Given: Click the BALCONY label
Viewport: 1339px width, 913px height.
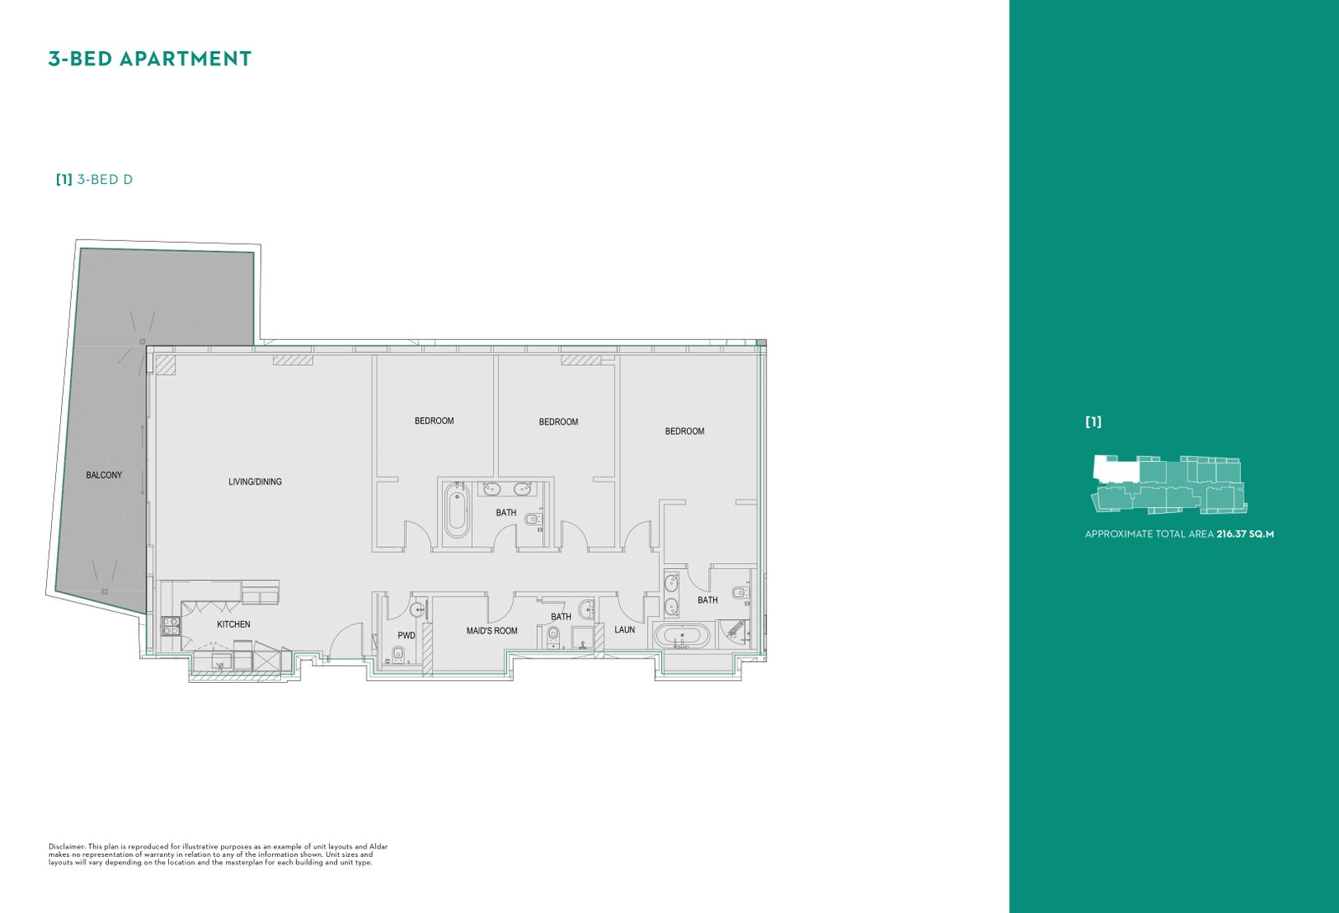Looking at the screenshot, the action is point(104,475).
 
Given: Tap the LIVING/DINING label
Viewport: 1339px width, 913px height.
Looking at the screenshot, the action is point(255,481).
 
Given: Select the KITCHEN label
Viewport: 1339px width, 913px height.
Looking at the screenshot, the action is point(233,624).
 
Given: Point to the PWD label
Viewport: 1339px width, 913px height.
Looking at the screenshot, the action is point(407,635).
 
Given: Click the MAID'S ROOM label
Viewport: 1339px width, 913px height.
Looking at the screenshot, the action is point(492,630).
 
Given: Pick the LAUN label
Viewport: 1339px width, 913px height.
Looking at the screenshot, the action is point(624,629).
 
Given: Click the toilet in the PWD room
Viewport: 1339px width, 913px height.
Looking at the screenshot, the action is point(399,654).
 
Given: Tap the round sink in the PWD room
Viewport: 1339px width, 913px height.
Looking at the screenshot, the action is point(418,610).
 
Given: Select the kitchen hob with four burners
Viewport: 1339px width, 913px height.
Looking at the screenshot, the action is point(170,626).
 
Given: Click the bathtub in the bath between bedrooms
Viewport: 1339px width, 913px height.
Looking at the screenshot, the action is point(457,510).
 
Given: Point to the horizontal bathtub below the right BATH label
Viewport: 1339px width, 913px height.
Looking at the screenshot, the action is point(682,636).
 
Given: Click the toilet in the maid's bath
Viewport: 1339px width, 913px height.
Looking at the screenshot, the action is point(553,635).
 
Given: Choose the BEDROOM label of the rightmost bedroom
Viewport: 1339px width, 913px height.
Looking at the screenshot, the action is point(685,431).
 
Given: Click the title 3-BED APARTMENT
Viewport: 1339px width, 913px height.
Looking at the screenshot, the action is point(150,59).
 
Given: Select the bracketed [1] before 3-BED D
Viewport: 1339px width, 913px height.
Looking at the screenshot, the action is point(64,179).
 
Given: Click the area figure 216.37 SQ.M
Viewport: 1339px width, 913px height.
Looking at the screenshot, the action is point(1245,534).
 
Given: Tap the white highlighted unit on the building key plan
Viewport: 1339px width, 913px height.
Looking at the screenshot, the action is point(1116,469).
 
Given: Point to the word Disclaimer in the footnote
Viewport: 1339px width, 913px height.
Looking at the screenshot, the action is point(67,847).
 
